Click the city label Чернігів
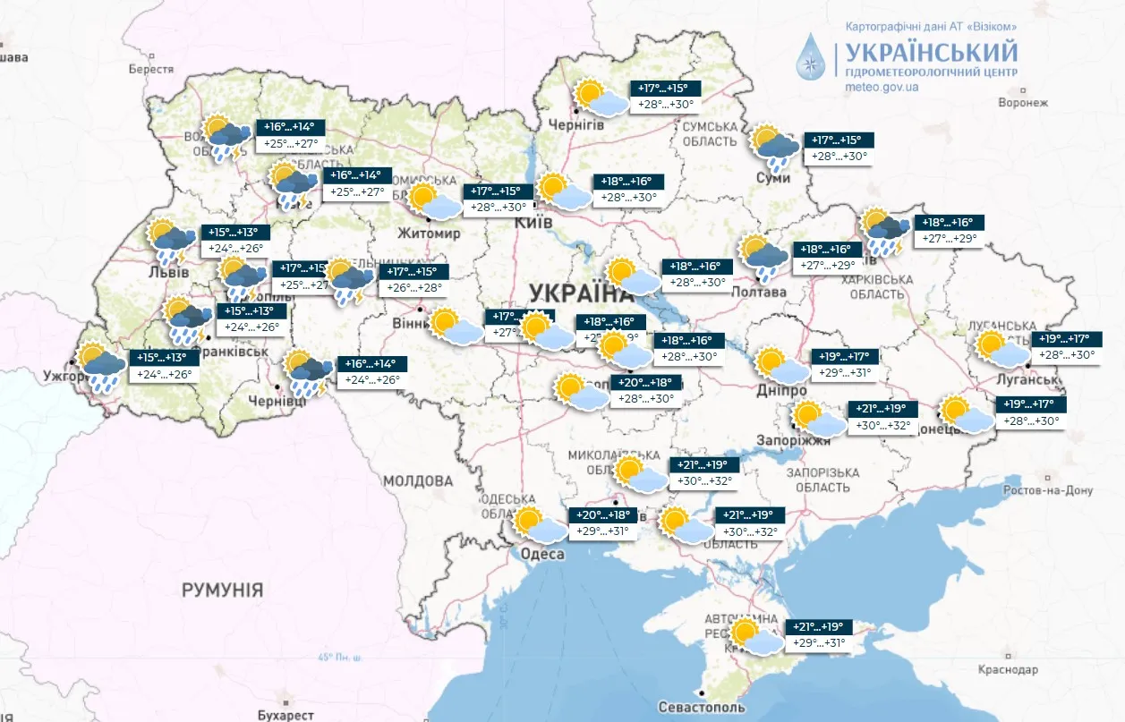coord(576,124)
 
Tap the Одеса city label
coord(542,555)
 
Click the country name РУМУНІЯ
coord(223,590)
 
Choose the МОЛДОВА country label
coord(418,481)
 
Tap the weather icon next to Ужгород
coord(101,367)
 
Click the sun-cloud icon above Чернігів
coord(601,98)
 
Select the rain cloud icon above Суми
coord(775,148)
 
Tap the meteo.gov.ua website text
coord(882,88)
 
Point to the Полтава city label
coord(758,293)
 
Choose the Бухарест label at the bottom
coord(285,715)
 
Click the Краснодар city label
coord(1007,669)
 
